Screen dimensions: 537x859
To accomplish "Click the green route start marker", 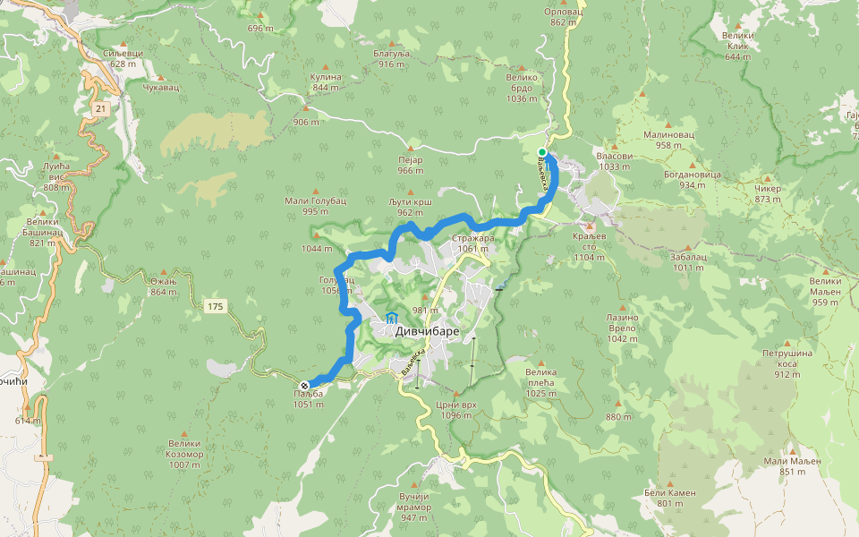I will coord(542,152).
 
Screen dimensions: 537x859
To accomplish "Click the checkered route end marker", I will coord(304,386).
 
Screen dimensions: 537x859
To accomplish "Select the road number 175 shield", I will coord(216,307).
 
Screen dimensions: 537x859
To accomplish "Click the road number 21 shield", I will coord(100,108).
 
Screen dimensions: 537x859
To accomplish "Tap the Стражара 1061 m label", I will coord(472,243).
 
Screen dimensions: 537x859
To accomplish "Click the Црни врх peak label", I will coord(455,410).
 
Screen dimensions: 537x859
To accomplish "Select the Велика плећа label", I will coord(540,377).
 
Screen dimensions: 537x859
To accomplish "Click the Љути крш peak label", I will coord(411,207).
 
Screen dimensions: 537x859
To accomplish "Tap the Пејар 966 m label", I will coord(410,165).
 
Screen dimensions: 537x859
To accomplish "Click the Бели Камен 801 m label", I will coord(669,498).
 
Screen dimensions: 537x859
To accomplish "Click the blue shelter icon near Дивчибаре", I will coord(391,319).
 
